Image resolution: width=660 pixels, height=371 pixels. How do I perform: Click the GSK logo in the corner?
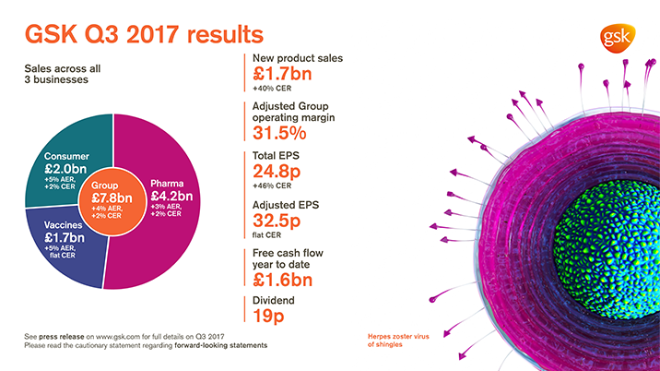pyautogui.click(x=615, y=37)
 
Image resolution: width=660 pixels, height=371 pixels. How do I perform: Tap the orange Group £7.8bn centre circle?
pyautogui.click(x=112, y=196)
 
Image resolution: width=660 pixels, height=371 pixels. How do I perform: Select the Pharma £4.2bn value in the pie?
pyautogui.click(x=171, y=195)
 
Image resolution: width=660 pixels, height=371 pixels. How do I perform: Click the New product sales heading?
pyautogui.click(x=297, y=58)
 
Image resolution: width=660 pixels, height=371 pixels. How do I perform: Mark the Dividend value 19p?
pyautogui.click(x=268, y=317)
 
